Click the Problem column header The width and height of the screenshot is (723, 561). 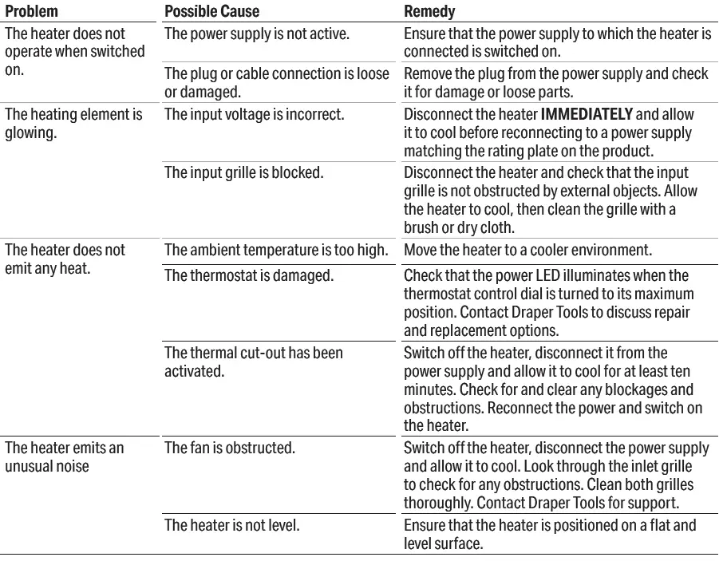coord(32,13)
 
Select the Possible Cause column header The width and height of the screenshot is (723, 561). coord(211,13)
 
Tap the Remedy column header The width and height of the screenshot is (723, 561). coord(430,13)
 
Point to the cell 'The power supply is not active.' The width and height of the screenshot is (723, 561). coord(256,34)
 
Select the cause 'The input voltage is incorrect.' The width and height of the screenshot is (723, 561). coord(254,114)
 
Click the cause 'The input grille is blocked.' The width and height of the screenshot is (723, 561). coord(243,172)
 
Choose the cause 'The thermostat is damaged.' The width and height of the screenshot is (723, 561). coord(248,275)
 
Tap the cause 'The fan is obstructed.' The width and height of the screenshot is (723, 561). coord(230,448)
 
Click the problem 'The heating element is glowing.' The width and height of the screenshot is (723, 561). coord(73,123)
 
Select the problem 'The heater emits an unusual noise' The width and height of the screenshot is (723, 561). coord(65,456)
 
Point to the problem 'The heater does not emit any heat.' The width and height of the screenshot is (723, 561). coord(65,259)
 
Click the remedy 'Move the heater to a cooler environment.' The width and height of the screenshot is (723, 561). coord(528,250)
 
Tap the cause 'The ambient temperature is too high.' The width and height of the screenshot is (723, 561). coord(276,250)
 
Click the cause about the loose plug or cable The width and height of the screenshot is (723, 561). coord(276,83)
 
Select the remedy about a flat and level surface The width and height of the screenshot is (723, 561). coord(550,534)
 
